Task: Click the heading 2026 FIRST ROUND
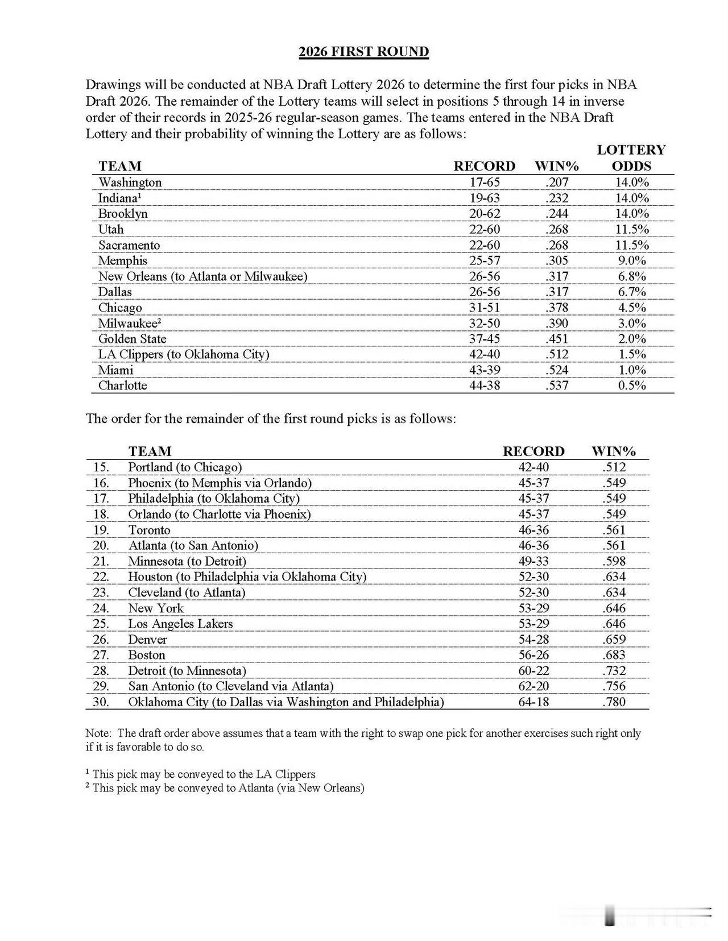(363, 52)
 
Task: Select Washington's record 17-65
(484, 183)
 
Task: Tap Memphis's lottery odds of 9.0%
(631, 261)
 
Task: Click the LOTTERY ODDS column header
(631, 158)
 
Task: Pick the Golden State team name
(133, 339)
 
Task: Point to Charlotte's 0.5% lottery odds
(631, 385)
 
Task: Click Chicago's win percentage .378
(557, 308)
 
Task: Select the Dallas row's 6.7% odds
(631, 292)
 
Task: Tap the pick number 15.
(101, 467)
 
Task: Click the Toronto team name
(149, 530)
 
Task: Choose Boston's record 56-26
(533, 655)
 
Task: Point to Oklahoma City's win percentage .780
(614, 702)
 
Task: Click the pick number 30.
(101, 702)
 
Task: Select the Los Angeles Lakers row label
(180, 624)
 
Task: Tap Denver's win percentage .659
(614, 640)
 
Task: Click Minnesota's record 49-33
(533, 561)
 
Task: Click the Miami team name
(116, 370)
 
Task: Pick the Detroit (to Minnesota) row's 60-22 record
(533, 671)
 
